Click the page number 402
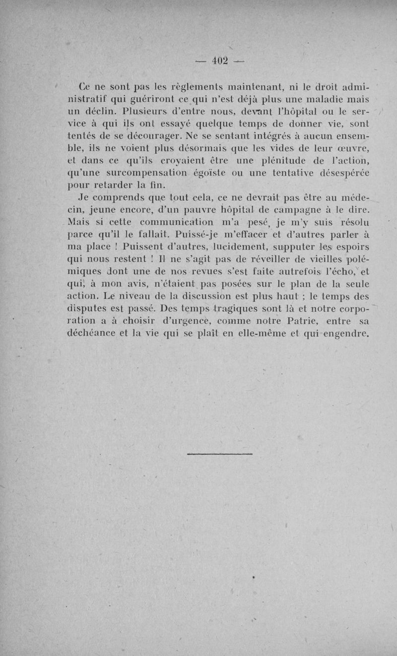218,61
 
